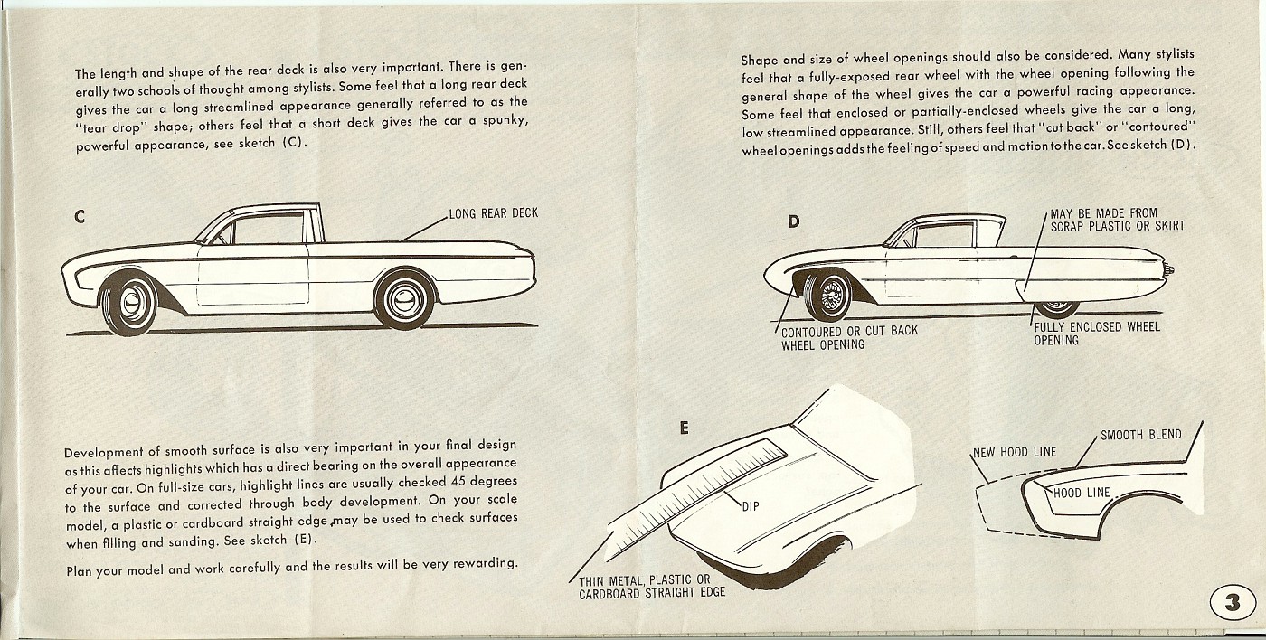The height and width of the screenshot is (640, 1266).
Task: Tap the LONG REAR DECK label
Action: [493, 213]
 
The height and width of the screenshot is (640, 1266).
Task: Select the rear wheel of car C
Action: [403, 299]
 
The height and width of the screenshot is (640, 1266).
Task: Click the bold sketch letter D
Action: [793, 221]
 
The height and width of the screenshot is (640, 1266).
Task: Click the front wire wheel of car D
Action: [828, 295]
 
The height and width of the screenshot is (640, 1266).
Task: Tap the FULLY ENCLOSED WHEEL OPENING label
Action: [1097, 334]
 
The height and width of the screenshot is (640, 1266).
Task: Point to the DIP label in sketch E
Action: [751, 507]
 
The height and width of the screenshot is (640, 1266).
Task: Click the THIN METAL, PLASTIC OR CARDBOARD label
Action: [645, 587]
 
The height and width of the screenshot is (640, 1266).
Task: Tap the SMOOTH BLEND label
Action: [1140, 435]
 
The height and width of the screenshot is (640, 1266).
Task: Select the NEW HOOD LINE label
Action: [1014, 452]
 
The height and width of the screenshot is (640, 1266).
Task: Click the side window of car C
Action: [269, 229]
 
